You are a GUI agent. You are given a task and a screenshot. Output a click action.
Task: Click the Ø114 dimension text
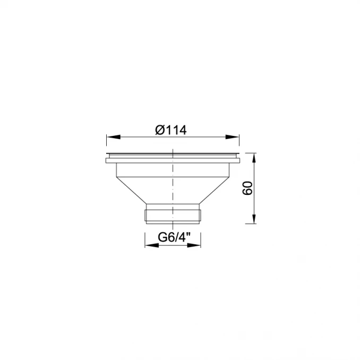click(x=170, y=130)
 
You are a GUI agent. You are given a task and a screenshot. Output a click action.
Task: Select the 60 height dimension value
click(x=246, y=188)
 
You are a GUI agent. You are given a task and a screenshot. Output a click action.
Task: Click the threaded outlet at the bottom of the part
click(x=173, y=214)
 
